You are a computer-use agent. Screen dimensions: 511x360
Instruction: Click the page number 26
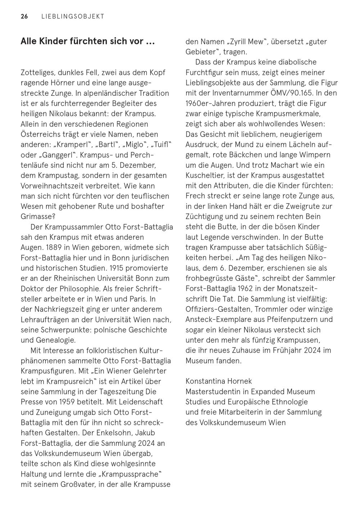pos(24,17)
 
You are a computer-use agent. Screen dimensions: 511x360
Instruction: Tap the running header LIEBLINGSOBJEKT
pos(73,17)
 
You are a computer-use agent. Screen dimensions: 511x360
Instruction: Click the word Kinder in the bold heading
pos(52,41)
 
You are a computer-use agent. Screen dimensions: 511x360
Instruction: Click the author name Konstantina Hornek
pos(219,381)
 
